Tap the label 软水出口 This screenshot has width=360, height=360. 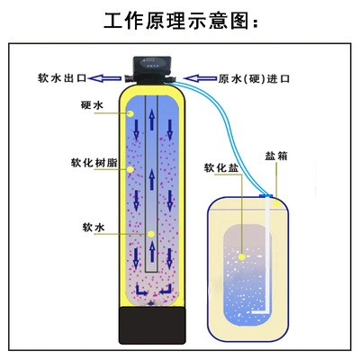[x=62, y=78]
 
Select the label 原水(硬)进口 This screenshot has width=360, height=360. [x=254, y=78]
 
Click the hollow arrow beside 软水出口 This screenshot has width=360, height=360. [x=105, y=78]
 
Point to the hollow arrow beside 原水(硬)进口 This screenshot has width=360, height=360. [x=200, y=78]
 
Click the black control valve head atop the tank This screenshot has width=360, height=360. [x=152, y=69]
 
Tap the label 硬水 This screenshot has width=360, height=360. [x=92, y=105]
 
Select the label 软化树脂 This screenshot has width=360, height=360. [x=94, y=163]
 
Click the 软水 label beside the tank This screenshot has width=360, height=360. [x=94, y=228]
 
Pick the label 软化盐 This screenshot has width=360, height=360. [x=221, y=167]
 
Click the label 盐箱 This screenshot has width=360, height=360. [x=276, y=156]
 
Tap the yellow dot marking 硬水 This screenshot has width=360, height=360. [x=130, y=113]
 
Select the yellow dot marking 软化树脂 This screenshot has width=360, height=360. [x=130, y=169]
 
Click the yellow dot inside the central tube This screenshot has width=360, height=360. [x=151, y=234]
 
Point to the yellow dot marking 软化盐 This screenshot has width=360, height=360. [x=242, y=257]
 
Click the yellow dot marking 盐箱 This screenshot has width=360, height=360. [x=277, y=203]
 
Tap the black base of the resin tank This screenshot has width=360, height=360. [x=152, y=326]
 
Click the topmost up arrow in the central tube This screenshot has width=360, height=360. [x=152, y=120]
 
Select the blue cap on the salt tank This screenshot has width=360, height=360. [x=266, y=195]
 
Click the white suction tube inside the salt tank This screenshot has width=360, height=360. [x=267, y=255]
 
